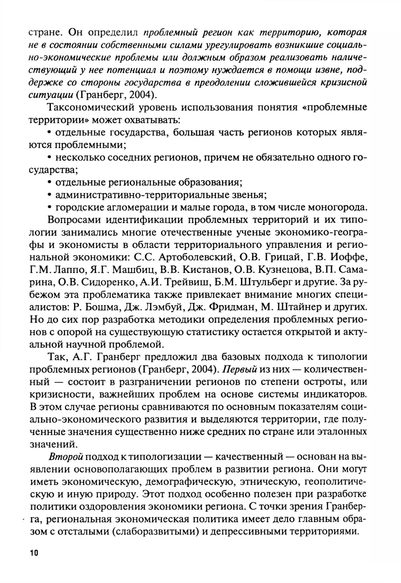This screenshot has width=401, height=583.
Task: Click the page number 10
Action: (33, 553)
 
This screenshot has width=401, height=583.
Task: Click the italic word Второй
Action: (65, 457)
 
